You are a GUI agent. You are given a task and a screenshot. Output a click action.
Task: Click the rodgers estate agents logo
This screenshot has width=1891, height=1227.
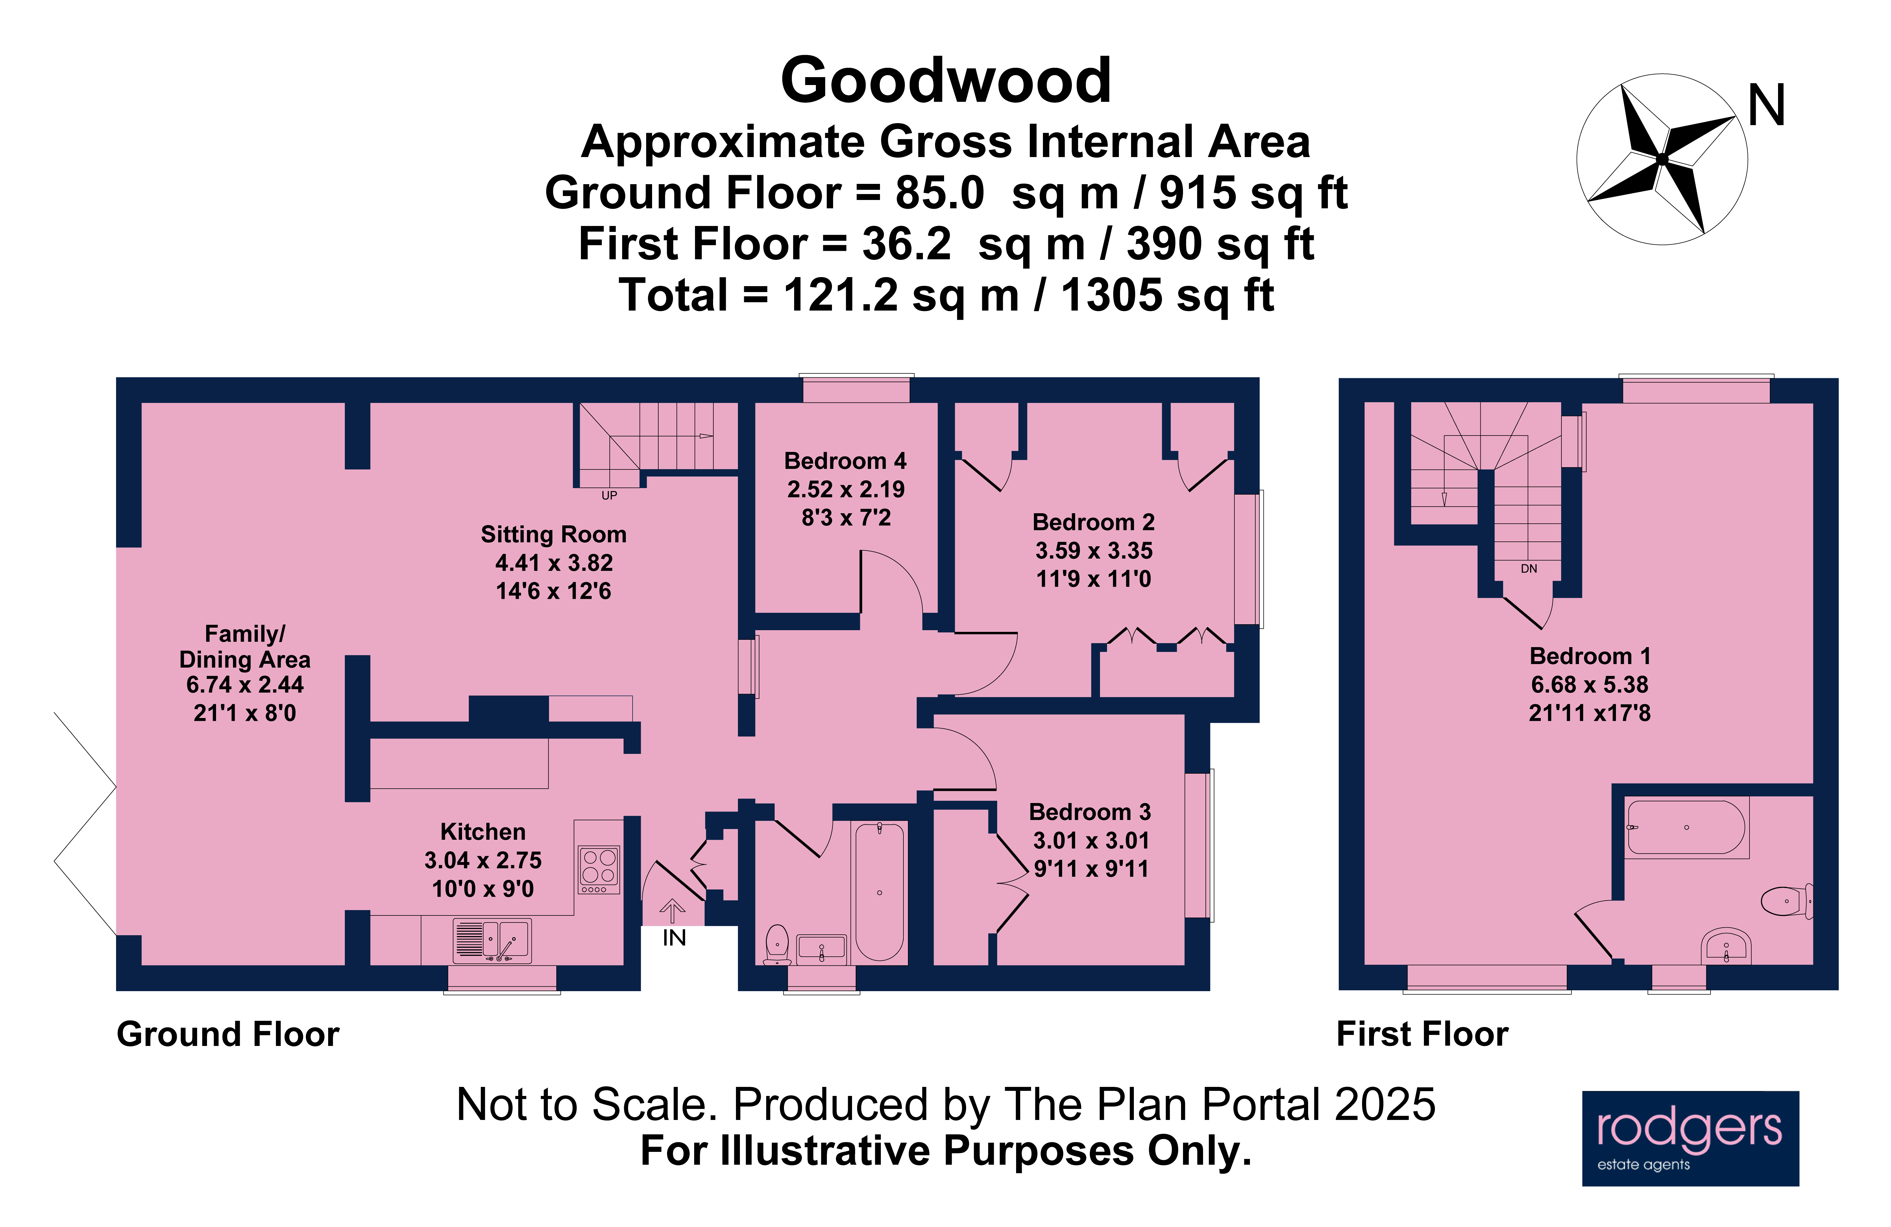tap(1690, 1138)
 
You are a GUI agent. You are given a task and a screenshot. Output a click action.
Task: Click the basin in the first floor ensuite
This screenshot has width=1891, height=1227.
tap(1726, 946)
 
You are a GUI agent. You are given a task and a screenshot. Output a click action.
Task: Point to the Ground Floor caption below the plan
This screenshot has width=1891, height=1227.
tap(228, 1034)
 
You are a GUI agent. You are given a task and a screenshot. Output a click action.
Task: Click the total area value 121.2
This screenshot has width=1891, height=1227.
tap(841, 296)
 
